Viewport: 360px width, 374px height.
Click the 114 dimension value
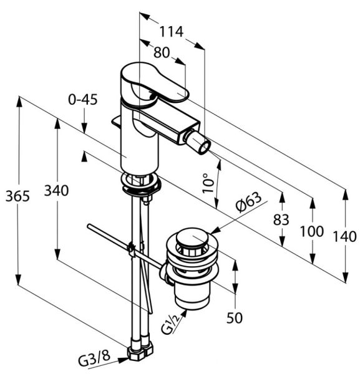click(x=171, y=32)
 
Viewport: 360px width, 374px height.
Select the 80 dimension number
click(x=162, y=52)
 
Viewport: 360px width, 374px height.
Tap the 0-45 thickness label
click(x=83, y=100)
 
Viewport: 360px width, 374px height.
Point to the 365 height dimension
click(x=17, y=196)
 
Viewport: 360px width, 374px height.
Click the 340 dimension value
click(x=56, y=191)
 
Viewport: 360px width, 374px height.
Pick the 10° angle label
click(x=208, y=183)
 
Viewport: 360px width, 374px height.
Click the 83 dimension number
click(x=281, y=219)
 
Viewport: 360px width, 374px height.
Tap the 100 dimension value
click(x=312, y=231)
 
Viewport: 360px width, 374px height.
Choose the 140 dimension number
click(x=344, y=237)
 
